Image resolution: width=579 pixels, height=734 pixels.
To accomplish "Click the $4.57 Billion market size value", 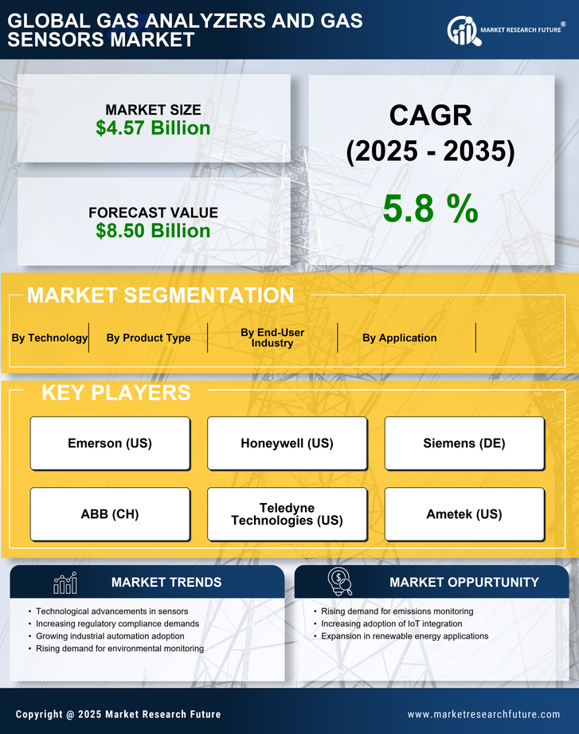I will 153,128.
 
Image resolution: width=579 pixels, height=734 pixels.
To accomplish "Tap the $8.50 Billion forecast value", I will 153,231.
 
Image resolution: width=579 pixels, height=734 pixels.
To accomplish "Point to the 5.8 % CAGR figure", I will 430,209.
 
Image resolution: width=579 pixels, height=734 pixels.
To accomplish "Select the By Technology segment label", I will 49,338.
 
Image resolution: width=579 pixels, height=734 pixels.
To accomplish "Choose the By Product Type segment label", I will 148,338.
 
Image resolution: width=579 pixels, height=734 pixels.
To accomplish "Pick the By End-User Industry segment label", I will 272,338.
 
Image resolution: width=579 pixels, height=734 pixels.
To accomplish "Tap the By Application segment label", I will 399,338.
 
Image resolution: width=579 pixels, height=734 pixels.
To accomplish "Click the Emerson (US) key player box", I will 110,443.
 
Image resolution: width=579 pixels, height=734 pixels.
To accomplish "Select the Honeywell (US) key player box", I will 287,443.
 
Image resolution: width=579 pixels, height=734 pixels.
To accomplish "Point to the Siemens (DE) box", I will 464,443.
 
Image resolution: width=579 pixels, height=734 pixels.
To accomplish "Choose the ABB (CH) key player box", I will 110,514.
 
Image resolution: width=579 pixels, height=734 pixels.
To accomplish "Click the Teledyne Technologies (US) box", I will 287,514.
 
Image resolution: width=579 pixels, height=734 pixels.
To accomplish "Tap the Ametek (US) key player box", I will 464,514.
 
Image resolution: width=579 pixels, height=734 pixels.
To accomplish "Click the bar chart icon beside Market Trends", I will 65,583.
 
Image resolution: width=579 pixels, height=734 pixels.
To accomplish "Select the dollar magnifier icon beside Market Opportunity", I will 340,582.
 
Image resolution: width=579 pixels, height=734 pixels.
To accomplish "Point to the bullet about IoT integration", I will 391,624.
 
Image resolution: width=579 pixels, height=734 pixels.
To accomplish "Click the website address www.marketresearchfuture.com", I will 483,714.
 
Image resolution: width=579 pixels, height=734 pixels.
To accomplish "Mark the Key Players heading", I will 115,392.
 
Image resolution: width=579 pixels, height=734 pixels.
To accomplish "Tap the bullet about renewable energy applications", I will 405,636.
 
